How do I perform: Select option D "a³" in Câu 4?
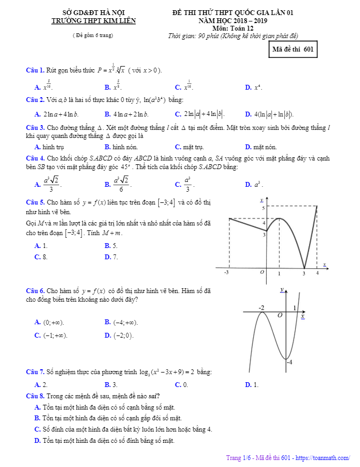[x=252, y=184]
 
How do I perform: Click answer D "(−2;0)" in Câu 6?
[x=119, y=335]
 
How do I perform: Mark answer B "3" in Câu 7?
[x=111, y=384]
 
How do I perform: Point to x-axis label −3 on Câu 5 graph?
[x=226, y=273]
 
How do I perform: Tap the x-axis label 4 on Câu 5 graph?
[x=317, y=273]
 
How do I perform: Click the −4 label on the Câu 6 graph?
[x=289, y=362]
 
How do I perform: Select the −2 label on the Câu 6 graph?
[x=261, y=308]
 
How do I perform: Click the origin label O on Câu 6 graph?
[x=280, y=316]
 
